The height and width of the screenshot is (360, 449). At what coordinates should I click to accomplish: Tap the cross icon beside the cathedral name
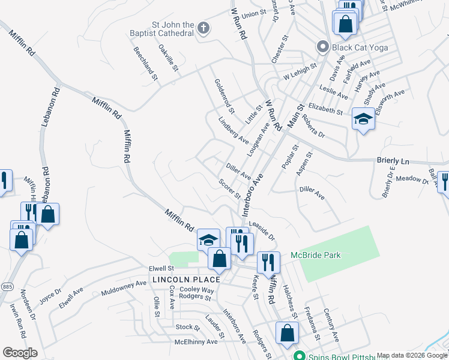[x=203, y=28]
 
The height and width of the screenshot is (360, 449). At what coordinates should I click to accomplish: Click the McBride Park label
[x=316, y=256]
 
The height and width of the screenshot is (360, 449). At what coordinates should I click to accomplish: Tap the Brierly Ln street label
[x=393, y=162]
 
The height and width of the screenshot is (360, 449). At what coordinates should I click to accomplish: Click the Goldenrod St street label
[x=224, y=95]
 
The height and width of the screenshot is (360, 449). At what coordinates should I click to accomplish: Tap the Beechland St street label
[x=145, y=64]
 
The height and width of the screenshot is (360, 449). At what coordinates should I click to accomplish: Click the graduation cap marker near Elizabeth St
[x=363, y=119]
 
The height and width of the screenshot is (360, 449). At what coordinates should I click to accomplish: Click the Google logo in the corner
[x=20, y=353]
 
